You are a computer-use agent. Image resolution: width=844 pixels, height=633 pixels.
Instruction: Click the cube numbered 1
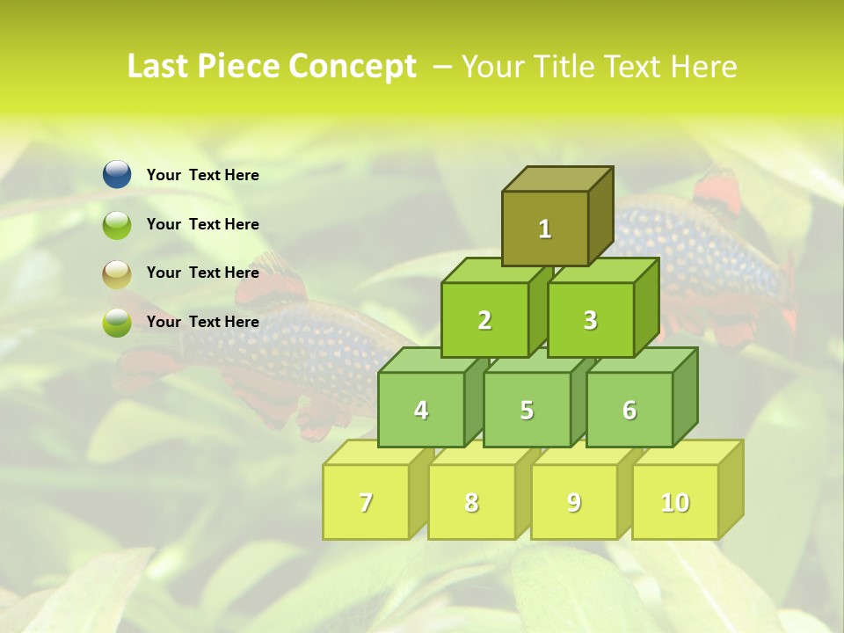545,229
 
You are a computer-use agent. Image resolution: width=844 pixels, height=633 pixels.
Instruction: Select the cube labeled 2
484,320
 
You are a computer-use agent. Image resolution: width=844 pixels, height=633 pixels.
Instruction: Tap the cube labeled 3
590,320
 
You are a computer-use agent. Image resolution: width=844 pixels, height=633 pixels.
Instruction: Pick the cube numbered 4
421,410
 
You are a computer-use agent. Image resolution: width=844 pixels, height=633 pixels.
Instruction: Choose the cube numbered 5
527,410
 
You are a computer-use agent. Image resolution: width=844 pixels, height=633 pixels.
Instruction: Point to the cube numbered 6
629,410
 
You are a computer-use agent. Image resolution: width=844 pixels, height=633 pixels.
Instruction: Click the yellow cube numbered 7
366,502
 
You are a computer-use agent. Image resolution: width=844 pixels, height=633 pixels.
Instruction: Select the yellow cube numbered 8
471,502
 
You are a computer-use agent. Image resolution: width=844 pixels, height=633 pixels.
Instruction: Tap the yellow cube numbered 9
574,502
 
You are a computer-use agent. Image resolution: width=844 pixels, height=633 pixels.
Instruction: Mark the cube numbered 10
675,502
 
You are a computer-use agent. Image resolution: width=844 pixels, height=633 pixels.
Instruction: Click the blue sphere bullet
117,175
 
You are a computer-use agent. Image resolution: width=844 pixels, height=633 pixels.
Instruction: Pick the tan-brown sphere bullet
117,273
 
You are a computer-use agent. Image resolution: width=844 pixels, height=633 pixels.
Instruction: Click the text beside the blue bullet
203,175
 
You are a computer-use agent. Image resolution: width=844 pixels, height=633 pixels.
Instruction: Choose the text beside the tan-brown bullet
203,273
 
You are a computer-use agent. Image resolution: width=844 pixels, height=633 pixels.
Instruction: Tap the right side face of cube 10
731,488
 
